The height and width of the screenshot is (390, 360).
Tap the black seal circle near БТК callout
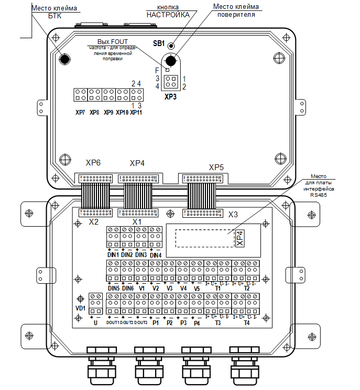pyautogui.click(x=64, y=59)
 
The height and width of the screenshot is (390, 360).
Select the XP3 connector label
pyautogui.click(x=170, y=97)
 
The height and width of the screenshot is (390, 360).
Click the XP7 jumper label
pyautogui.click(x=80, y=112)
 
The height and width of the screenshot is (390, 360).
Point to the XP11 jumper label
pyautogui.click(x=136, y=112)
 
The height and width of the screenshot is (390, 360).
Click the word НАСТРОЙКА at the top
pyautogui.click(x=168, y=15)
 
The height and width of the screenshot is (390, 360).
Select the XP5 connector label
pyautogui.click(x=216, y=168)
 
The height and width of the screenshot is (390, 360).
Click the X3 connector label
pyautogui.click(x=233, y=214)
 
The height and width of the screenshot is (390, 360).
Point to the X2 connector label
pyautogui.click(x=93, y=222)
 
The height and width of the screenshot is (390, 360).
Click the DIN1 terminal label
pyautogui.click(x=113, y=254)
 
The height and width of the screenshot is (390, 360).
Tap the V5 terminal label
pyautogui.click(x=197, y=288)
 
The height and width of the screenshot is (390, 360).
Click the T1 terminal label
pyautogui.click(x=217, y=288)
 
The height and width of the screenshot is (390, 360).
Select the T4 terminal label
pyautogui.click(x=246, y=323)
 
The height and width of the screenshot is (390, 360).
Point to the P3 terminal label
pyautogui.click(x=183, y=323)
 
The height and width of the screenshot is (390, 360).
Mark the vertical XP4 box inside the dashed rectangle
pyautogui.click(x=239, y=238)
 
